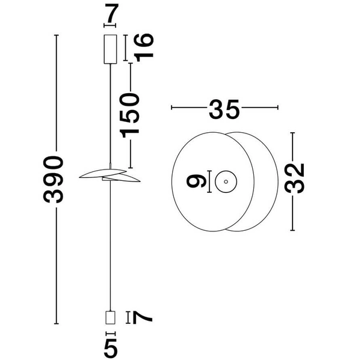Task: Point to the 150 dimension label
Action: (130, 115)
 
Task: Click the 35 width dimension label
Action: (224, 109)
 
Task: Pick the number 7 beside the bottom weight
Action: (143, 317)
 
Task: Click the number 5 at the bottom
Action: (111, 347)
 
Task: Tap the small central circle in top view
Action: (226, 180)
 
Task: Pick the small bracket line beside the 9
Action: (209, 180)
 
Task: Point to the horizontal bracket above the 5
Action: (110, 332)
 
